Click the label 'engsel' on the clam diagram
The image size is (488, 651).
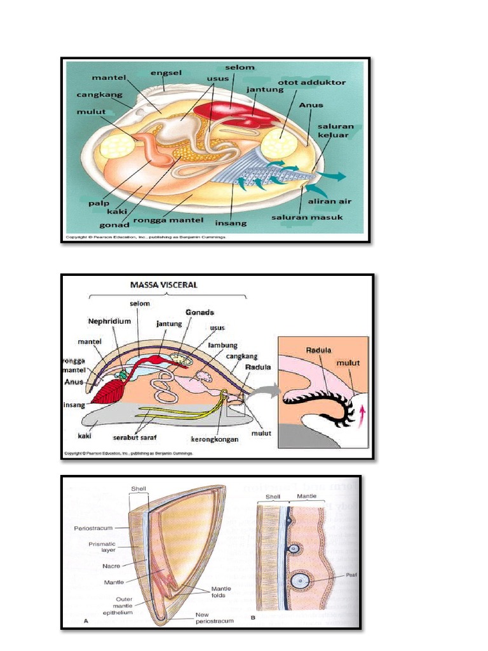tap(166, 73)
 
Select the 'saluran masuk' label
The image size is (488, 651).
tap(307, 217)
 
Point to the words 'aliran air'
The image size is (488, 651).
tap(330, 201)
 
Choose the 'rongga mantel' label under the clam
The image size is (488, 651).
tap(178, 220)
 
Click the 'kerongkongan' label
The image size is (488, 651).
tap(216, 438)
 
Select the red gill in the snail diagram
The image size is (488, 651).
tap(109, 390)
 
